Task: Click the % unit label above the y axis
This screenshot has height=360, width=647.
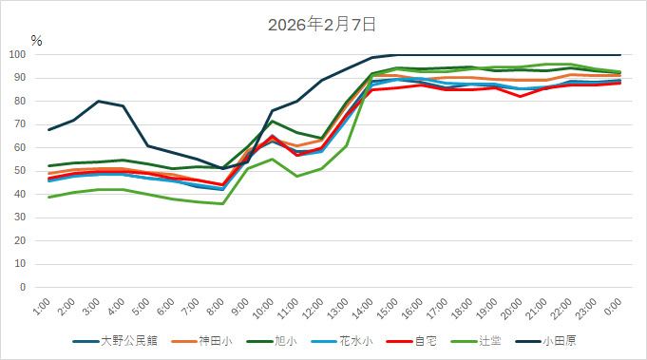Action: point(36,41)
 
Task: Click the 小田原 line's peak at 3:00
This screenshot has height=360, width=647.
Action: point(98,101)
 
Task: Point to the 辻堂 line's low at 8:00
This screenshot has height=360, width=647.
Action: point(222,203)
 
